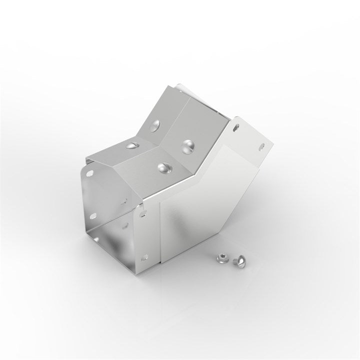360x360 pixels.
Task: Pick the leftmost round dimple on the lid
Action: (x=132, y=145)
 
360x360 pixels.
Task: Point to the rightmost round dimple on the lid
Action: (x=189, y=145)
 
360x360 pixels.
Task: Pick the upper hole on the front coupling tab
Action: (x=143, y=213)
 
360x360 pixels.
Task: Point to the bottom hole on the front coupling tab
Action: (x=144, y=257)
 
